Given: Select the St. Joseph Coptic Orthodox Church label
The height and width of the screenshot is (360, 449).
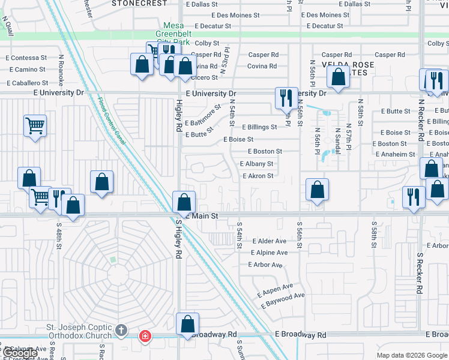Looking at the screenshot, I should coord(79,331).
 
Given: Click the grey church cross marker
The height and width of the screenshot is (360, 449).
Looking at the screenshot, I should coord(121,330).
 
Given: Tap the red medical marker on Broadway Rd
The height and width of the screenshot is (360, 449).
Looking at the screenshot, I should coord(145,336).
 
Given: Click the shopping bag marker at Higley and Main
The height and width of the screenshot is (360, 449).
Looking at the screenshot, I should coord(184,202).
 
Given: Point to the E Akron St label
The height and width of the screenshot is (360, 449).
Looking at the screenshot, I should coord(258,176).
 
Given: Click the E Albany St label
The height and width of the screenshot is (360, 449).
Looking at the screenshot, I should coord(256,164).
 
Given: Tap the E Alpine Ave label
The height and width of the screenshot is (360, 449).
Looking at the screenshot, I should coord(269,253).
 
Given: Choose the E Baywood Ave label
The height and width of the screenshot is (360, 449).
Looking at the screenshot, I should coord(283,300).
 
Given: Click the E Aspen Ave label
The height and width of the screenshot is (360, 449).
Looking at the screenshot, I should coord(275,290).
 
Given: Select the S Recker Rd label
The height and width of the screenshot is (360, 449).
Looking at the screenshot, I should coord(418,272).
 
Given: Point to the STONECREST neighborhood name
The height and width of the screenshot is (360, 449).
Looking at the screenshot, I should coord(140,3).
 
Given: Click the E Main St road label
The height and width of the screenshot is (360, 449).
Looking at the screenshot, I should coord(201,215).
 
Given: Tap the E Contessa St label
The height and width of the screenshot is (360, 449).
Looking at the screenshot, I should coord(26,58).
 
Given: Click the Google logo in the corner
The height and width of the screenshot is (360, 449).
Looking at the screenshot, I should coord(20,353).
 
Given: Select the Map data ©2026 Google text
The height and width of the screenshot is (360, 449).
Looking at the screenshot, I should coord(411,355).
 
